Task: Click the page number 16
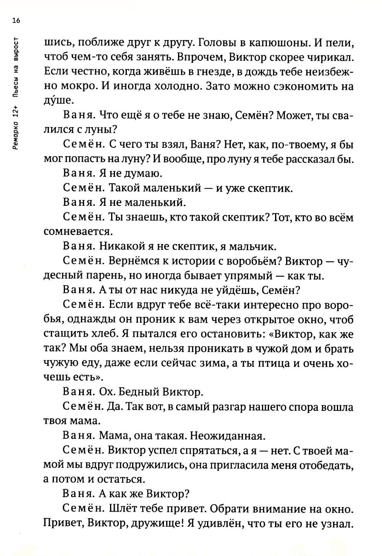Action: click(16, 21)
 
